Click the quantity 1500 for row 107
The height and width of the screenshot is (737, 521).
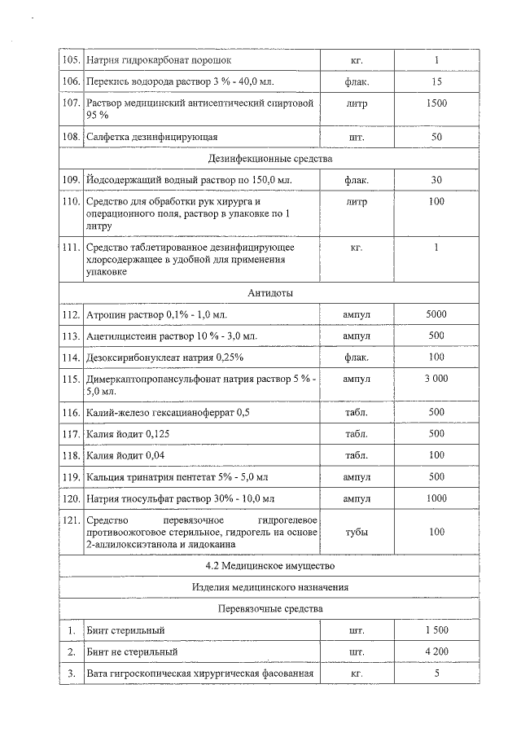436,103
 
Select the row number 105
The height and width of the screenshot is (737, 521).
72,60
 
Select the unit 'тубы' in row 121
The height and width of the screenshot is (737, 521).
356,532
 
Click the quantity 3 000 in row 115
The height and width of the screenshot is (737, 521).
436,379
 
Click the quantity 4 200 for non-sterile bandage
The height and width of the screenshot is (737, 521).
436,651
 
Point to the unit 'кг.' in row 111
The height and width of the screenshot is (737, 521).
356,247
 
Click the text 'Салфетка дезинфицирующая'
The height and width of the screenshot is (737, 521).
151,137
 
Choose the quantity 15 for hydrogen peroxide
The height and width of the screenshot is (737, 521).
436,81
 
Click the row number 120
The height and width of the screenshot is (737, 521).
72,498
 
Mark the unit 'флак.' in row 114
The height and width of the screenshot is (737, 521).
356,357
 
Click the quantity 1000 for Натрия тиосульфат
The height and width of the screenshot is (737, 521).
436,498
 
